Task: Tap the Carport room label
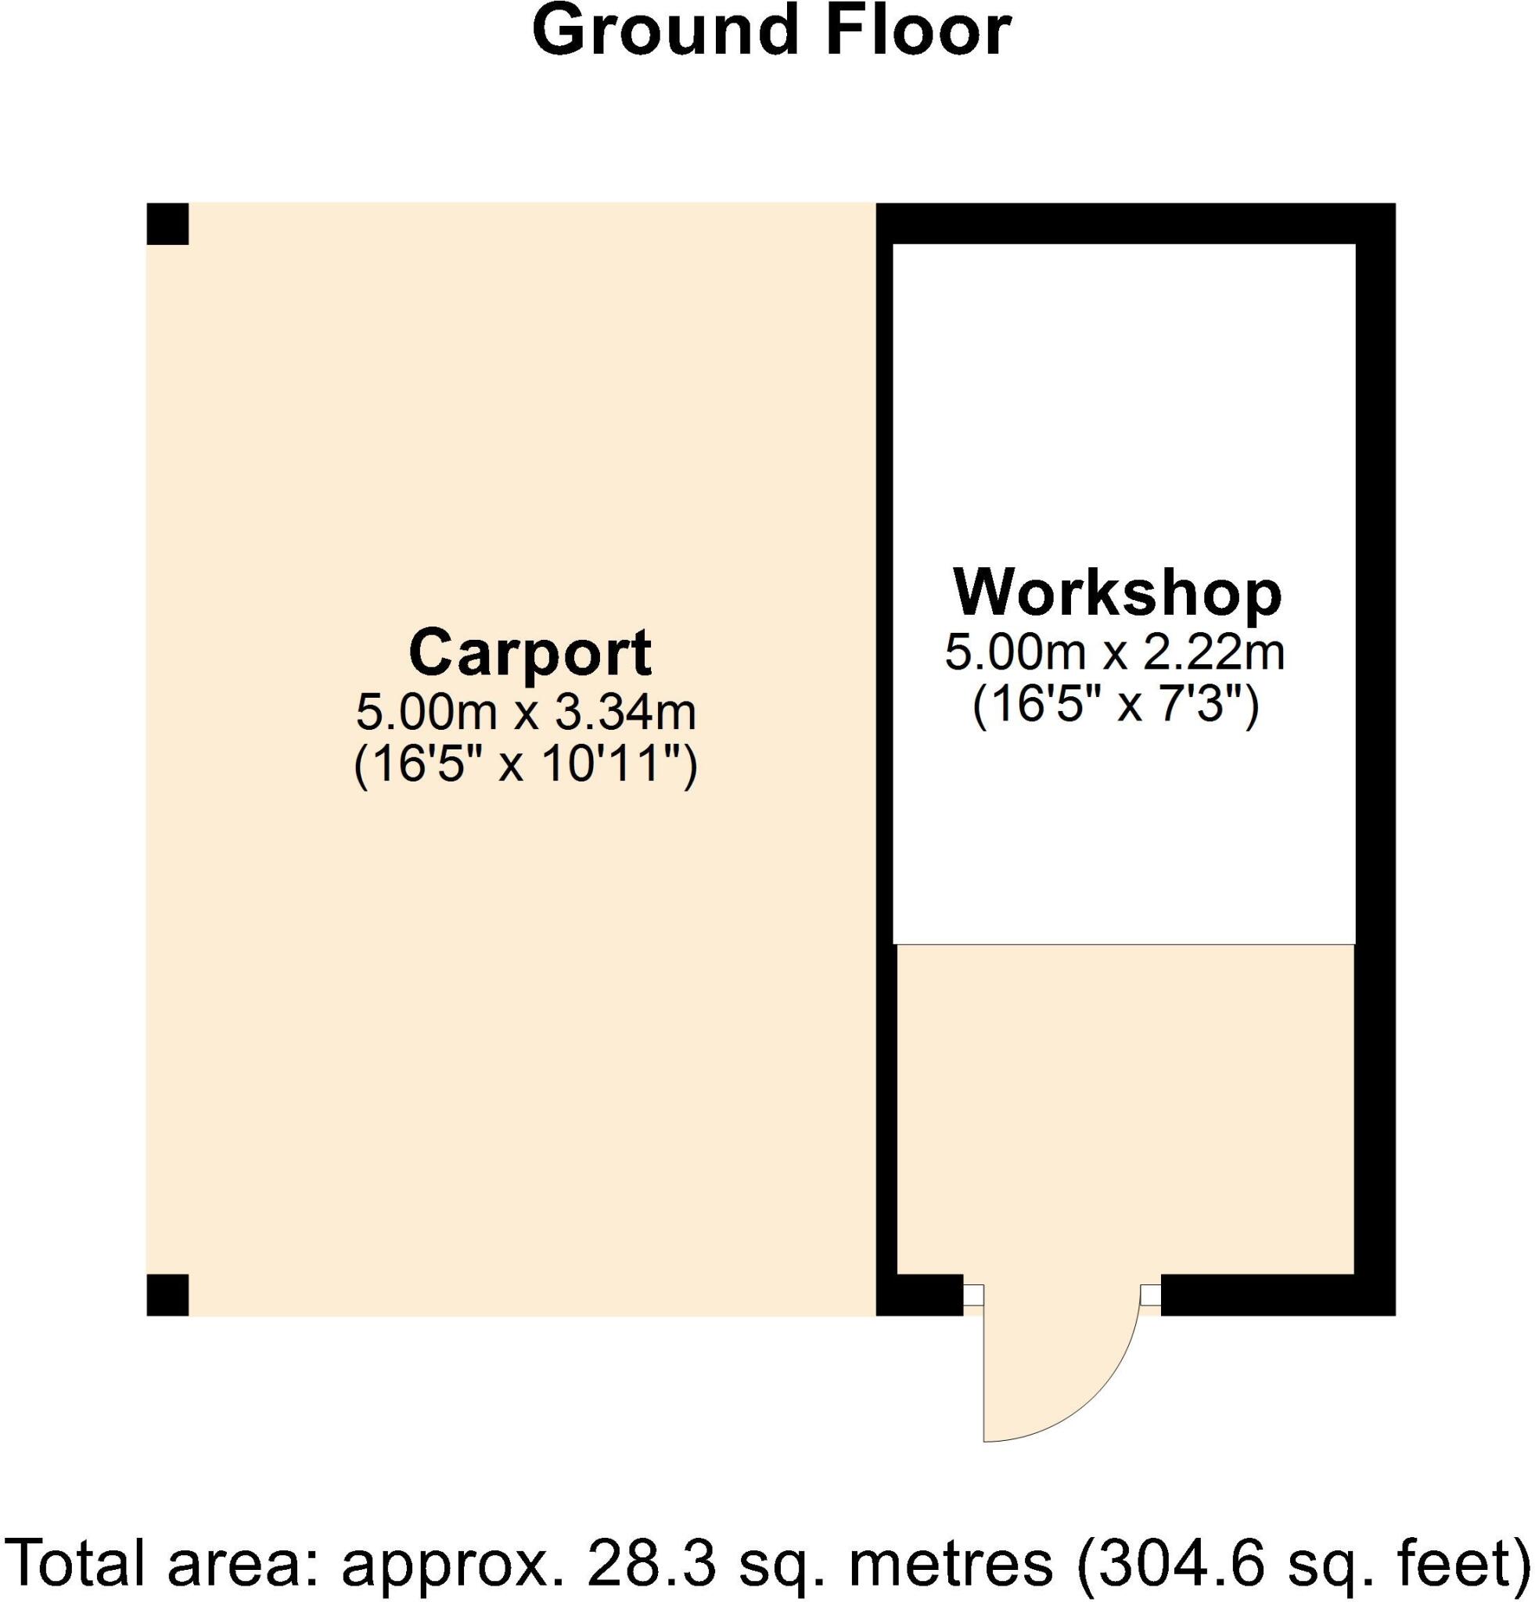pos(530,652)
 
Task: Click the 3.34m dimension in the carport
pos(625,712)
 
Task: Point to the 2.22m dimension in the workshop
pos(1213,652)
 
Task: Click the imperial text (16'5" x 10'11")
pos(526,766)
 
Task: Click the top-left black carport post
pos(167,224)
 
